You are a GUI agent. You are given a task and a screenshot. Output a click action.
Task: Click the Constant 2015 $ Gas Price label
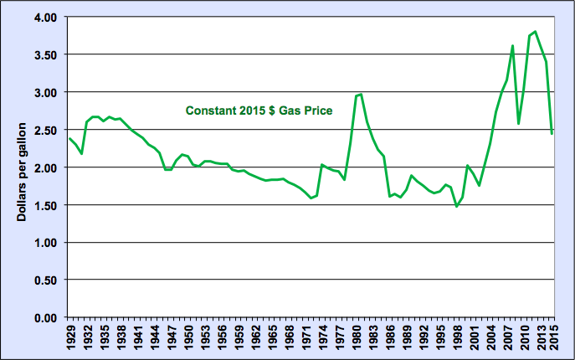tap(259, 110)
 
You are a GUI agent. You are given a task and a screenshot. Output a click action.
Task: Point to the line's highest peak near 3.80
tap(536, 32)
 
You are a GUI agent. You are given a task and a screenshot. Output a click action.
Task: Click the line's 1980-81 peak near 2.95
tap(360, 95)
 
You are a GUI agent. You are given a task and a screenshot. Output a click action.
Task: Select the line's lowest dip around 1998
tap(457, 206)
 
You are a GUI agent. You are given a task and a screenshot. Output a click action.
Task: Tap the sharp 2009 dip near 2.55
tap(519, 124)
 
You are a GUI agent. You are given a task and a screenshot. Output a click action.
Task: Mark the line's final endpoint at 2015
tap(552, 133)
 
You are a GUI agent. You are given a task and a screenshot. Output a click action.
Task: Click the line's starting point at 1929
tap(70, 139)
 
